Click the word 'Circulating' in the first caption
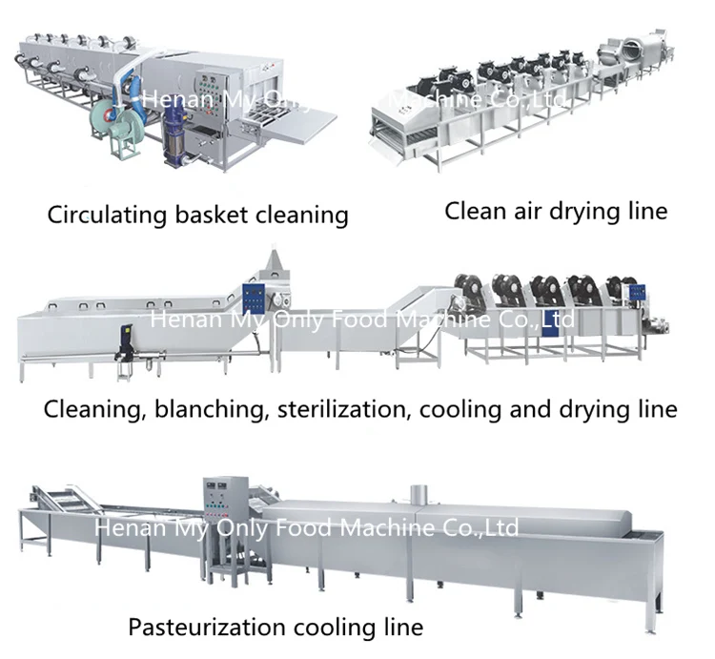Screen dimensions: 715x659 [x=105, y=214]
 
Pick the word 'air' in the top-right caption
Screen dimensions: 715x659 [x=527, y=210]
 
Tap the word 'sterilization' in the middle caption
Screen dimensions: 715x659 [x=341, y=410]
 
